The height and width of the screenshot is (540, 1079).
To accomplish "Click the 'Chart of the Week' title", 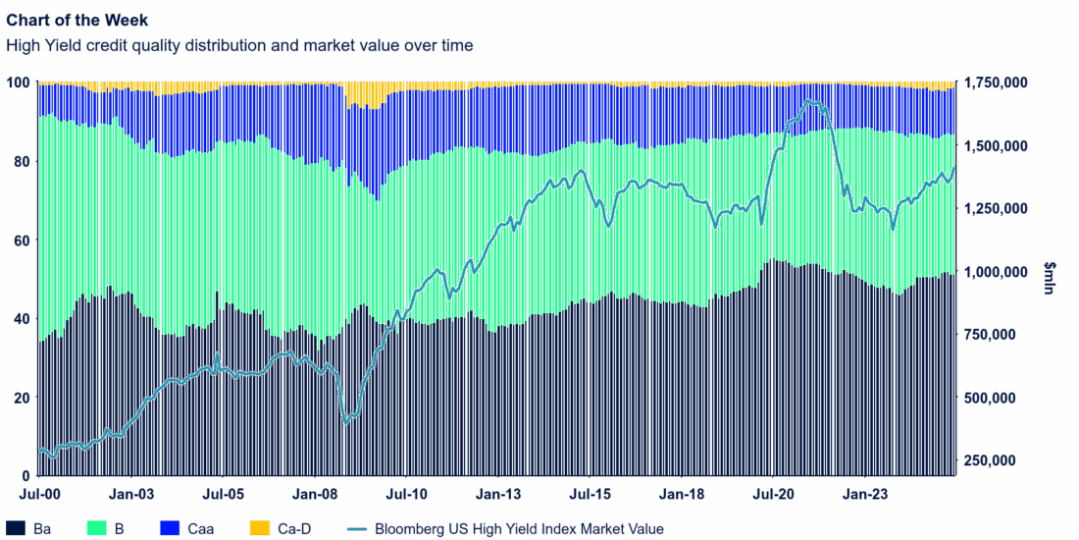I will click(77, 21).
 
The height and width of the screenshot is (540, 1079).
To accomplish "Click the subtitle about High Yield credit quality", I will click(239, 45).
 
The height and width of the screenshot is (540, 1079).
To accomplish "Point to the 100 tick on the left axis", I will click(19, 82).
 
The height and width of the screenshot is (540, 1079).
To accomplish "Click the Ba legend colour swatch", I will click(16, 529).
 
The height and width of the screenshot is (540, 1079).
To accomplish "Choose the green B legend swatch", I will click(95, 529).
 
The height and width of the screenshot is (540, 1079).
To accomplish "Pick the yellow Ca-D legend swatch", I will click(260, 529).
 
